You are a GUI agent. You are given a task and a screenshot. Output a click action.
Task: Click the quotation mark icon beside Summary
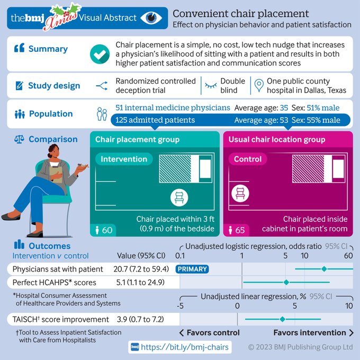(20, 49)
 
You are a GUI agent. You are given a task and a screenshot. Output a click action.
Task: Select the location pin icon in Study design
(259, 85)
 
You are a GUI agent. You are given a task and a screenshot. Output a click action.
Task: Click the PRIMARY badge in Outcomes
(192, 269)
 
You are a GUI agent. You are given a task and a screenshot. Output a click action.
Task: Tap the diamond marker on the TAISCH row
(282, 319)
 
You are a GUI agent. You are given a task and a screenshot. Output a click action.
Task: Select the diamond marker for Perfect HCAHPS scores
(286, 282)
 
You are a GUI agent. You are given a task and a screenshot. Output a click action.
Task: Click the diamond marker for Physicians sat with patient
(324, 269)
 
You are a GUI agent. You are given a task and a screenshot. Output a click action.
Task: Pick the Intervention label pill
(124, 159)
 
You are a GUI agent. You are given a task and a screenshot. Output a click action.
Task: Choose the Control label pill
(248, 159)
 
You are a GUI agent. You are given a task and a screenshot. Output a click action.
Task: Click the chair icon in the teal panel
(179, 198)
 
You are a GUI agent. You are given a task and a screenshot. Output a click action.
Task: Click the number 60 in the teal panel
(106, 230)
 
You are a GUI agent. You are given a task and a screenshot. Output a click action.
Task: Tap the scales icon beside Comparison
(20, 140)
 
